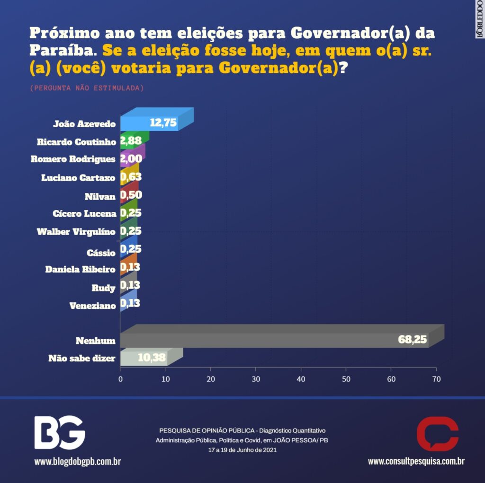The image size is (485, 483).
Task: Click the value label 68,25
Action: (413, 339)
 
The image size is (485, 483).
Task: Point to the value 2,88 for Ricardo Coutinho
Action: (131, 141)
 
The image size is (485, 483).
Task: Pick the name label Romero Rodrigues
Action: (73, 159)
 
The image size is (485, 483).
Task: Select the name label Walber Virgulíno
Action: (76, 232)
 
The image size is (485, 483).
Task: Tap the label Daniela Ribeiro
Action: (80, 270)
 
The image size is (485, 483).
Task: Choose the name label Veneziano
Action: (92, 306)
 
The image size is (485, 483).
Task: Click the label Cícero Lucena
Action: (84, 214)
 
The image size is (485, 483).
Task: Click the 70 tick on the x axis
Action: (436, 379)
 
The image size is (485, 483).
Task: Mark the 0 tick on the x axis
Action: (120, 379)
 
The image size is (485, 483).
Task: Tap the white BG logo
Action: (59, 432)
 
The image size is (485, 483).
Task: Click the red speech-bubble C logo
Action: (437, 433)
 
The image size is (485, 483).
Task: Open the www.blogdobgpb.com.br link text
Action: (77, 461)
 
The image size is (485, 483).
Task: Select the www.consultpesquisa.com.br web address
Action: (416, 461)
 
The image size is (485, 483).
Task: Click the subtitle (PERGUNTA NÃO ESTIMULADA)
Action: (87, 88)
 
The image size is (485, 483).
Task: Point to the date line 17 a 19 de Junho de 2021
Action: (242, 450)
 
